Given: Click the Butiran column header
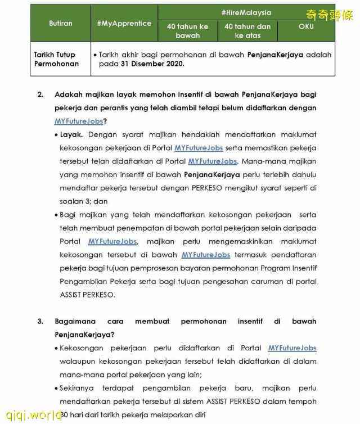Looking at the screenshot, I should pos(61,23).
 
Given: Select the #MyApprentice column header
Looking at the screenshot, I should pos(124,23).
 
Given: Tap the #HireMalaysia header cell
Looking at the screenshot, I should pos(246,12).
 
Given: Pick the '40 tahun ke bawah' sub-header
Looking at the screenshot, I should pos(187,31).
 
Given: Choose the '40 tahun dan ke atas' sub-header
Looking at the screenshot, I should pos(247,31).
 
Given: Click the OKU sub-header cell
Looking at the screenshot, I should pos(306,26).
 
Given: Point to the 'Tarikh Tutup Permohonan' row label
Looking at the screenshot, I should pos(56,59).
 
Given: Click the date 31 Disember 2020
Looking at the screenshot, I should pos(152,64).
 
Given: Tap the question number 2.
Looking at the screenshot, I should pos(40,94).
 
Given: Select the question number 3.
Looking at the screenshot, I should pos(40,322).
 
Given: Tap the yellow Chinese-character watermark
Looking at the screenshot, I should pos(329,15).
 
